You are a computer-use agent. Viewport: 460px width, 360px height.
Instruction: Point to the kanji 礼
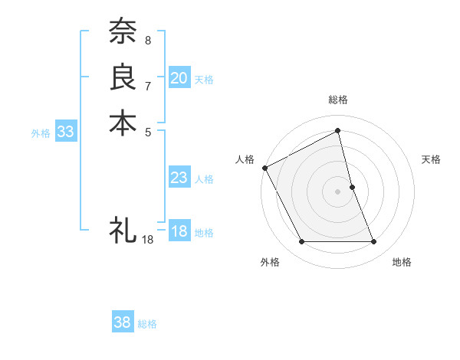pyautogui.click(x=123, y=229)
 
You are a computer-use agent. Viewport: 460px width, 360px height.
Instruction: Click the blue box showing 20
pyautogui.click(x=179, y=77)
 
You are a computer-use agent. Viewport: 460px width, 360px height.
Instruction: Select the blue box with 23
pyautogui.click(x=179, y=178)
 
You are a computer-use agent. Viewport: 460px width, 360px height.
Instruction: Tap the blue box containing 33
pyautogui.click(x=65, y=132)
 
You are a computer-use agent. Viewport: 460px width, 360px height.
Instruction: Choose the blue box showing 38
pyautogui.click(x=123, y=322)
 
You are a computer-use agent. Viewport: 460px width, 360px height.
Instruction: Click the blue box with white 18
pyautogui.click(x=179, y=231)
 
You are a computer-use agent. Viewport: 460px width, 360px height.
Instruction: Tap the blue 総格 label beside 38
pyautogui.click(x=147, y=324)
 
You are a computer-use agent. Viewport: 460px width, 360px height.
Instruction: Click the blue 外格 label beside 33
pyautogui.click(x=41, y=133)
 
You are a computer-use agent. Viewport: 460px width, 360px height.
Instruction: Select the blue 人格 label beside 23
pyautogui.click(x=204, y=179)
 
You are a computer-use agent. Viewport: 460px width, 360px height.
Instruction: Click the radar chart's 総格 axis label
pyautogui.click(x=338, y=100)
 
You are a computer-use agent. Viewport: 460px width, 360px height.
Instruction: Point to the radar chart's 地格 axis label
pyautogui.click(x=402, y=263)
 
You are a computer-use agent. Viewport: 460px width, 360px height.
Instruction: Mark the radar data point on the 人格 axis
pyautogui.click(x=265, y=167)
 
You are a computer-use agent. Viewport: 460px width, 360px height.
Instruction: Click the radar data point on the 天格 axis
pyautogui.click(x=352, y=187)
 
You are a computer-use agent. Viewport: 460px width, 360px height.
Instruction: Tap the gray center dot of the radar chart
pyautogui.click(x=338, y=191)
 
